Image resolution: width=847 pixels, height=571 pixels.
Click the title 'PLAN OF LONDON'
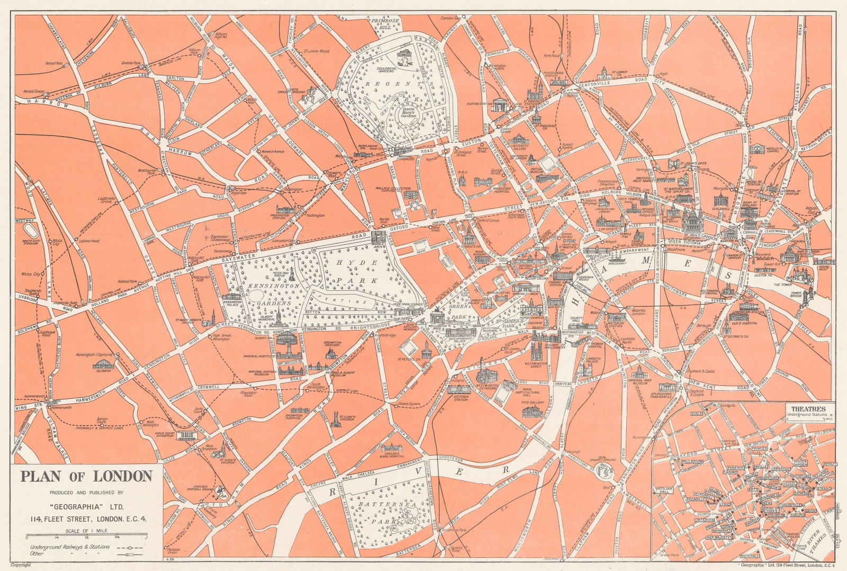[86, 476]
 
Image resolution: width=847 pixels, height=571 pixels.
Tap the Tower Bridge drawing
[809, 295]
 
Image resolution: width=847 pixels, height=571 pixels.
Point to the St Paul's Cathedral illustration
[692, 219]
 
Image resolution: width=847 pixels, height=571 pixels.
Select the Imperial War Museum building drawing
[639, 372]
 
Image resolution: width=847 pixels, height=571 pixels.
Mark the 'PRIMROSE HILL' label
[385, 24]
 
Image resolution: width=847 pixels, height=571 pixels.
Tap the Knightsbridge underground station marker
[373, 336]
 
